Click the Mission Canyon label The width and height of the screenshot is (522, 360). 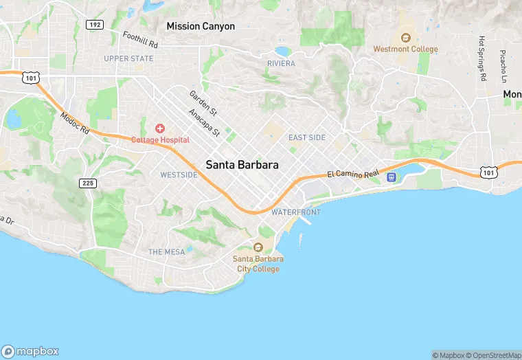201,26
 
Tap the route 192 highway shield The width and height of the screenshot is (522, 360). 95,25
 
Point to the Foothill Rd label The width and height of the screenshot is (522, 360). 140,39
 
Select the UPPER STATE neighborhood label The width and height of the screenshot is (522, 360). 128,58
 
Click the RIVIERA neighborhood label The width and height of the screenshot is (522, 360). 281,63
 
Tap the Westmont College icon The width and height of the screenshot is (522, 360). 405,38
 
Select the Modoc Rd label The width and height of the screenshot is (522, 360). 75,122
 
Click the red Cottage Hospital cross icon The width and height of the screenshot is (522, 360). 160,128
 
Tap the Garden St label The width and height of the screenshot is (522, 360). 203,102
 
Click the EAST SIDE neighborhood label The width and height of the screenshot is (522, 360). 307,137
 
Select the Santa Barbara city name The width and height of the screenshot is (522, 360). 242,165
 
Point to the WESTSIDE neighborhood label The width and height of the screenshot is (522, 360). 179,175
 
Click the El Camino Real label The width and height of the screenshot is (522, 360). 353,175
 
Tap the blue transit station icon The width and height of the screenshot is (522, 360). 391,177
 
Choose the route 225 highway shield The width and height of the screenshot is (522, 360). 87,183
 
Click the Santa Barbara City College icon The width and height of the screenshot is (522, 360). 258,247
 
